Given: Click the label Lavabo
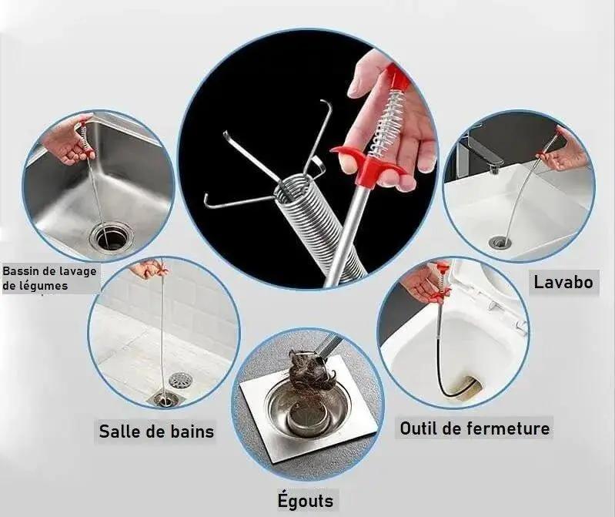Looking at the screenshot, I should coord(563,282).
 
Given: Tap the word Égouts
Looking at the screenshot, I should coord(306,500).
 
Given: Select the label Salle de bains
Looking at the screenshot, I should coord(156,431).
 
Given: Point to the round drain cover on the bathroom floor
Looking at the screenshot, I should coord(180,380).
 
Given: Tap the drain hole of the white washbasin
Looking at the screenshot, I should coord(500,242).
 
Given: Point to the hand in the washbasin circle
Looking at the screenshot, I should coord(563,153).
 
